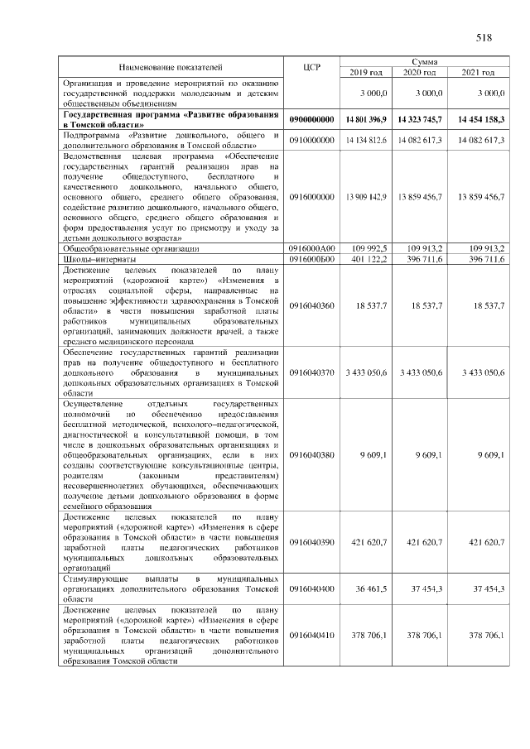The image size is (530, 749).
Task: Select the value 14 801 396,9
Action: click(364, 120)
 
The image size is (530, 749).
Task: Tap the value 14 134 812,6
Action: click(365, 141)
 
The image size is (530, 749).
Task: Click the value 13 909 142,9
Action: click(365, 197)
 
